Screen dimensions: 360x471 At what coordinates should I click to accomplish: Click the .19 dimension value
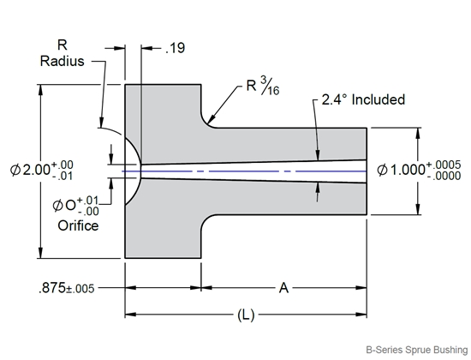175,50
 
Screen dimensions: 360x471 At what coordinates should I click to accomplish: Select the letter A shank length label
284,289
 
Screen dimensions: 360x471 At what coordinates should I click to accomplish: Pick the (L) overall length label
247,315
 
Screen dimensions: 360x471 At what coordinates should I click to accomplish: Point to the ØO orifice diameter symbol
66,206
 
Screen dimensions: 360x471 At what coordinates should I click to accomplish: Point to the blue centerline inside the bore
257,171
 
